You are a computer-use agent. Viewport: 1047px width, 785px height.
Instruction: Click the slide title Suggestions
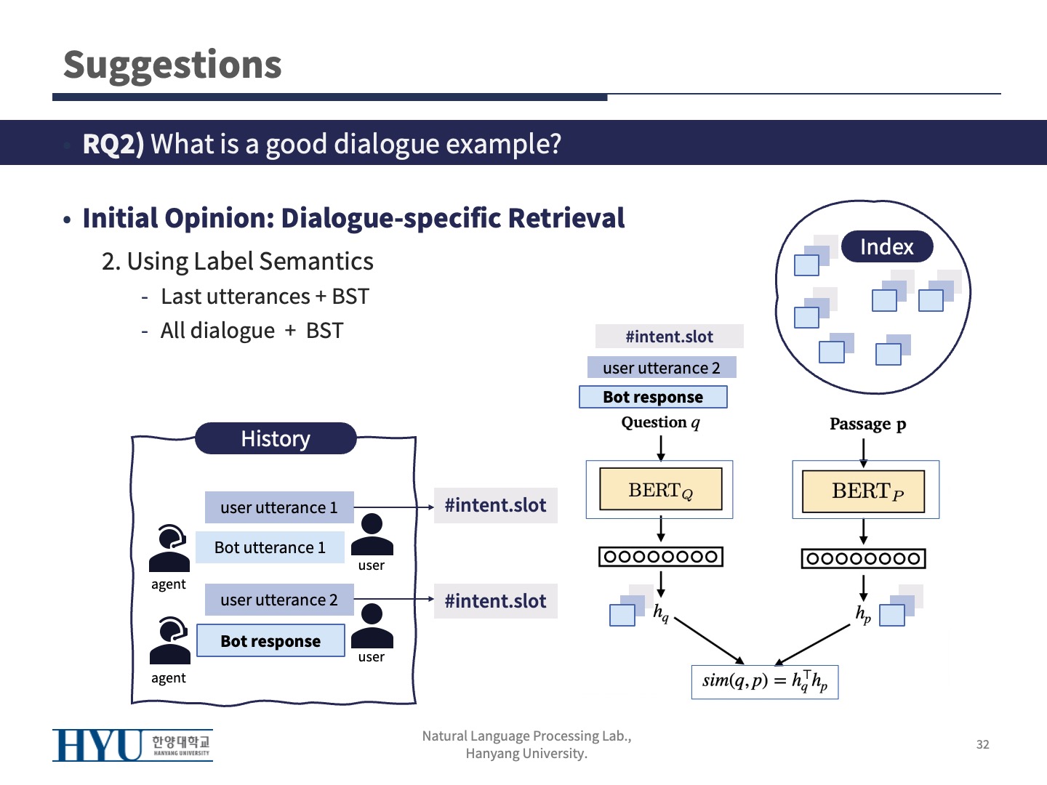(172, 65)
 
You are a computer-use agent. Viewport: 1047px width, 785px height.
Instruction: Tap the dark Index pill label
(886, 247)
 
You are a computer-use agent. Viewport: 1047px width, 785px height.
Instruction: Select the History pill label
(276, 439)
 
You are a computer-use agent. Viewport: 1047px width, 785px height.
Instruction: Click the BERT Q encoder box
(660, 490)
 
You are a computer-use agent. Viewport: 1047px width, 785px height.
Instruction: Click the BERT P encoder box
(863, 491)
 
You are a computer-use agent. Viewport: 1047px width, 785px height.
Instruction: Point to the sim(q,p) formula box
(765, 682)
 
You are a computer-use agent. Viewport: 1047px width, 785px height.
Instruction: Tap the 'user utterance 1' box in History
(279, 507)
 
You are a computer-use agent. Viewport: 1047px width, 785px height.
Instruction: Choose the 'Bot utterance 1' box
(270, 547)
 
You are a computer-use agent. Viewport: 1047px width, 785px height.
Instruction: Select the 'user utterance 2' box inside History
(279, 600)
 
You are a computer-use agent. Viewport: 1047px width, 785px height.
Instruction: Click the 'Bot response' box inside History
(270, 641)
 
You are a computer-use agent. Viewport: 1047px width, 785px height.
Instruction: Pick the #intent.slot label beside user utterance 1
(495, 506)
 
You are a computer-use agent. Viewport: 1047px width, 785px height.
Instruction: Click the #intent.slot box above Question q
(669, 337)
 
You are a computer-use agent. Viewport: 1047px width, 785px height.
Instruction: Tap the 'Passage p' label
(867, 424)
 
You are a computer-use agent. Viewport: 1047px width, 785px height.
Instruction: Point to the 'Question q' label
(660, 422)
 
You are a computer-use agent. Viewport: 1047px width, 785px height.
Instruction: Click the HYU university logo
(132, 745)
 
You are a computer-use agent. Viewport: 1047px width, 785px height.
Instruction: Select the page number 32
(982, 744)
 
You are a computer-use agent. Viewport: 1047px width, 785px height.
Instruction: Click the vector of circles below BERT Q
(660, 557)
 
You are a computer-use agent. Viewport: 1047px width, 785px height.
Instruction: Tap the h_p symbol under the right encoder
(863, 614)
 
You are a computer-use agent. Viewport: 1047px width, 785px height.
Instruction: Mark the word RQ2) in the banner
(113, 144)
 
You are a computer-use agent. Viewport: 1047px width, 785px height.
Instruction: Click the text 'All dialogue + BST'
(252, 331)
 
